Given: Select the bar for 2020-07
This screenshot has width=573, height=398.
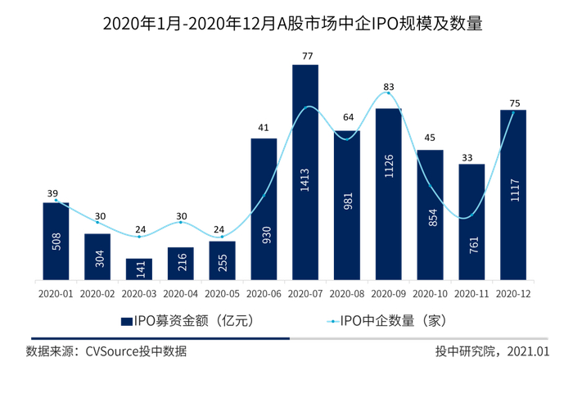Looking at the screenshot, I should [305, 172].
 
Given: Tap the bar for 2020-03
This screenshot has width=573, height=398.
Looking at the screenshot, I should [138, 269].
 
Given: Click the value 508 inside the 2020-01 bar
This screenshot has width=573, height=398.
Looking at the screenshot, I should [56, 242].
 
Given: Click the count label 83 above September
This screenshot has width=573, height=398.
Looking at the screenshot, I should [389, 87].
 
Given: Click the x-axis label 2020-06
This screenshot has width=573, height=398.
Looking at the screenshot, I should [264, 292].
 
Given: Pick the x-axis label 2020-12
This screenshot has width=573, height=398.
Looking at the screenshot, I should [513, 292].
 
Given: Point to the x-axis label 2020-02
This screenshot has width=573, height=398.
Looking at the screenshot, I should [97, 292].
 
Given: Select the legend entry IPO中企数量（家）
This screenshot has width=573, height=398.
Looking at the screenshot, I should [391, 320].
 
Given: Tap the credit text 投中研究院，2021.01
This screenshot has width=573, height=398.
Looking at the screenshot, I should [492, 351].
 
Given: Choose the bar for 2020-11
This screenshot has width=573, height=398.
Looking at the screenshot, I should [471, 222].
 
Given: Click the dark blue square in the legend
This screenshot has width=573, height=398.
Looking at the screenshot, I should [126, 320].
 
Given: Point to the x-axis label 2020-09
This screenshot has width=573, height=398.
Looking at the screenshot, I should [389, 292].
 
